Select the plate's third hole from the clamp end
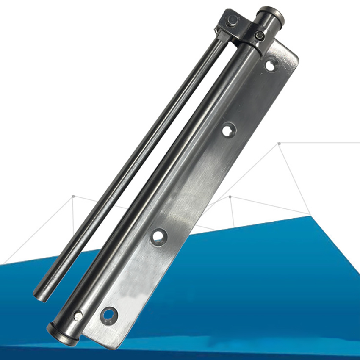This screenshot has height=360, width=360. (x=159, y=236)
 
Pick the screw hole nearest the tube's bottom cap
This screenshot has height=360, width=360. (x=108, y=314)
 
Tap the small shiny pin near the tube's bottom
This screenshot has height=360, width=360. (x=78, y=316)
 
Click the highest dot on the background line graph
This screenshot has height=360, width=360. (x=279, y=144)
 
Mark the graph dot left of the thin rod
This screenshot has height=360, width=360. (x=73, y=196)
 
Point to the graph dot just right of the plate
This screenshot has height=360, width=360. (x=230, y=197)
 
